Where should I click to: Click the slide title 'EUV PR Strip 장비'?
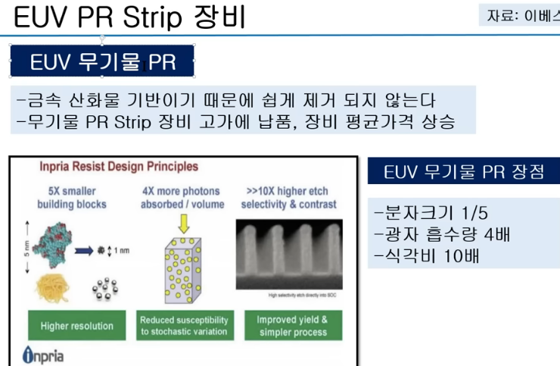(129, 17)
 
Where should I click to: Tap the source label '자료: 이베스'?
(520, 16)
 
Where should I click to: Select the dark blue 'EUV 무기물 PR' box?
(102, 61)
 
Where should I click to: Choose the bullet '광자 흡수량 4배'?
(442, 233)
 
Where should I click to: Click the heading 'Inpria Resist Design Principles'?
(112, 165)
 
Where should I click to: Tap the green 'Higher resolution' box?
(76, 326)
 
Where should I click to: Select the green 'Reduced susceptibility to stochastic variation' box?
(184, 326)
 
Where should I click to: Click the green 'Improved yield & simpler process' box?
(292, 326)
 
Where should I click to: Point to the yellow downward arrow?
(183, 222)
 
